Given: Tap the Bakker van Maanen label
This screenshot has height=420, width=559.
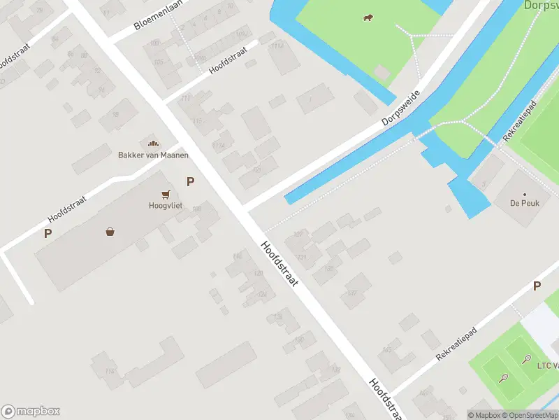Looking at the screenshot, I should coord(153,155).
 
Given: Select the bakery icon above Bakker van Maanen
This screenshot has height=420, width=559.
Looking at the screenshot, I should coord(152,143).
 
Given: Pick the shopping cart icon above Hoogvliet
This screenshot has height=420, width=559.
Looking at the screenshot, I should coord(166,194).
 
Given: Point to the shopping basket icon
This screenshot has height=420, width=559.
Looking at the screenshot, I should coord(110,232).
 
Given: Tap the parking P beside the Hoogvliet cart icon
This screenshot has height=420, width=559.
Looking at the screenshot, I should coord(190,182).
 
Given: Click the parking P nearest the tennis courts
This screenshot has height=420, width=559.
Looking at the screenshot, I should coord(537,286).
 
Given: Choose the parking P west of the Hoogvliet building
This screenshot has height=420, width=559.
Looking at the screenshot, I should coord(48,234).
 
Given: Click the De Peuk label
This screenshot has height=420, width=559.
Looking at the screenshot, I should coord(523,204).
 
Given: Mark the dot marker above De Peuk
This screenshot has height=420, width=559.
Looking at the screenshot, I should coord(524,194).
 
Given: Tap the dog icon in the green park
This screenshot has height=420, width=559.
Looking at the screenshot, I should coord(368,17).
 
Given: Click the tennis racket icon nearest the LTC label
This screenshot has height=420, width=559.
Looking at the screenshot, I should coord(525,358).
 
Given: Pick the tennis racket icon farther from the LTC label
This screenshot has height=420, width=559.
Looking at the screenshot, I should coord(504,377).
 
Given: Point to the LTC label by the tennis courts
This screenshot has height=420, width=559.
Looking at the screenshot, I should coord(548,365).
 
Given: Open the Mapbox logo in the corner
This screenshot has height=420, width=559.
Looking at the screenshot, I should coord(31,412).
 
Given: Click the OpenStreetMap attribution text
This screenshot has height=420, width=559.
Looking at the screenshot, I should coord(528,415).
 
